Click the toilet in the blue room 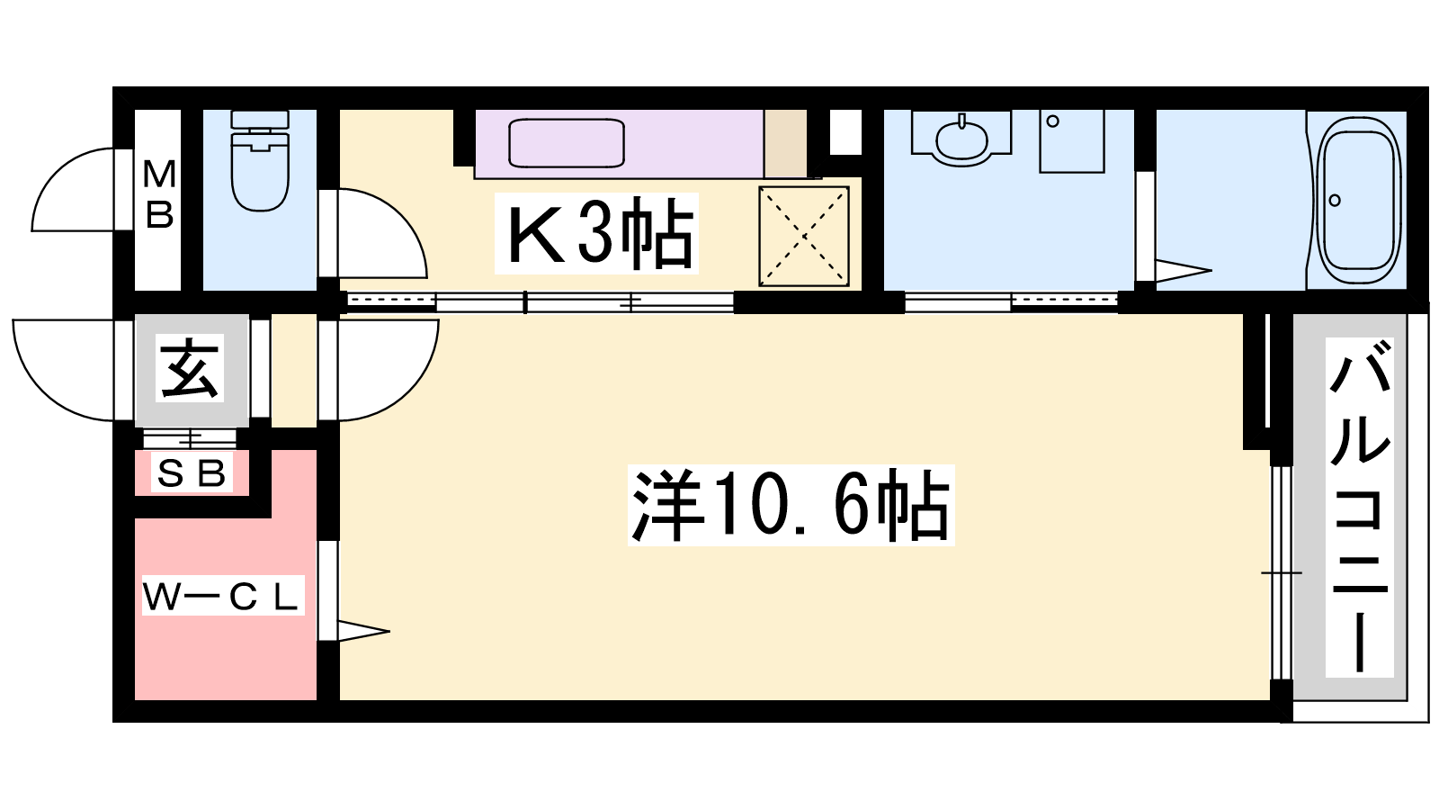click(260, 161)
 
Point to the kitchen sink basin click(567, 143)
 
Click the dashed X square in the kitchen click(804, 236)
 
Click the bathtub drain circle click(1335, 201)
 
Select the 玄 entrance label click(189, 369)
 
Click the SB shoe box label click(192, 474)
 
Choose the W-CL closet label click(222, 598)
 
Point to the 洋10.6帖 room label click(791, 505)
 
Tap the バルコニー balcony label click(1359, 508)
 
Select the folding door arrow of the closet click(363, 631)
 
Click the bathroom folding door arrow click(1184, 271)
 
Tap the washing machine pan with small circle click(1071, 140)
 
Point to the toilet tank click(260, 119)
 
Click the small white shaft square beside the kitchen click(845, 131)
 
